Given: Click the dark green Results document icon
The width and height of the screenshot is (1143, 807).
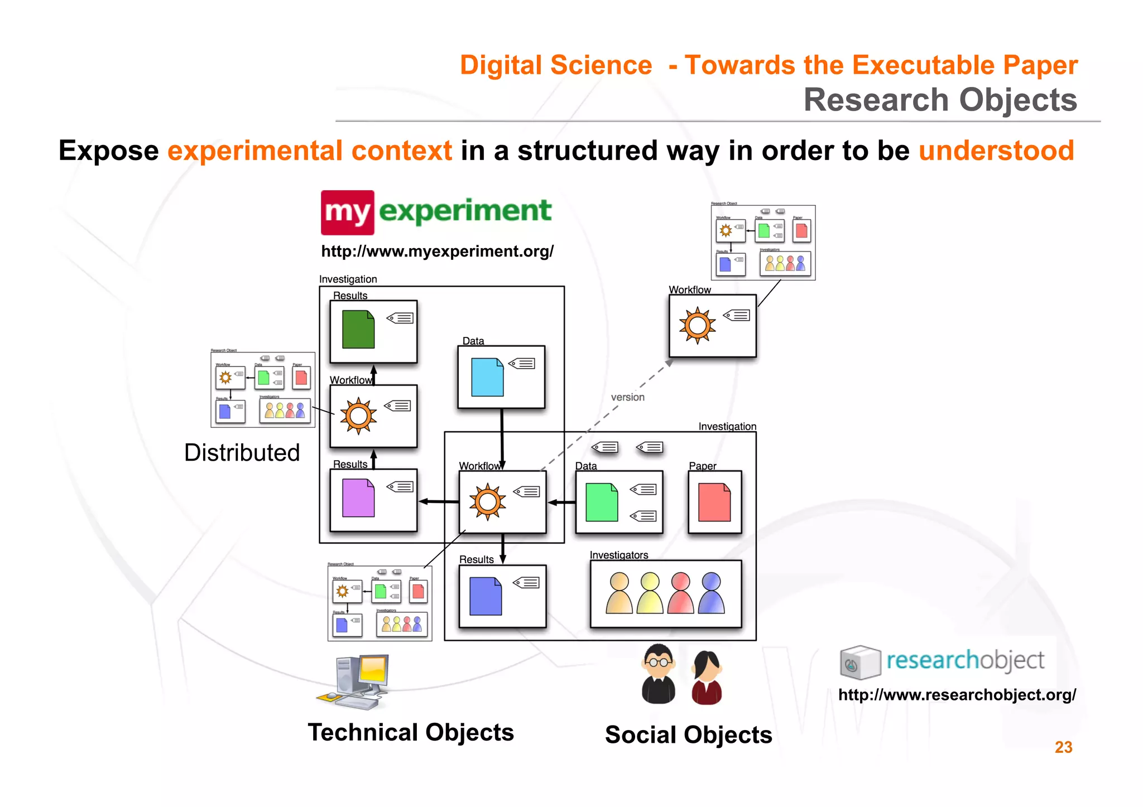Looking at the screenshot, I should (358, 330).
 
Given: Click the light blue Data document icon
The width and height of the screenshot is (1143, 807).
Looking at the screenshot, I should (487, 378).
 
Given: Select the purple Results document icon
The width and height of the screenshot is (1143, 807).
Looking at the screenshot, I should (358, 498).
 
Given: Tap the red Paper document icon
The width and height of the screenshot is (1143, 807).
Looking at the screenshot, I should (714, 502).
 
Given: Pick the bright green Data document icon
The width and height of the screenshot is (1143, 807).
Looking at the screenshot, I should (602, 502).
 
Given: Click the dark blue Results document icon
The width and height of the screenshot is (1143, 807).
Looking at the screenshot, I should (486, 596).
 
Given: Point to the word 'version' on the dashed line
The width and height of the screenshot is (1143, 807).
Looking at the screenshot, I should (627, 397).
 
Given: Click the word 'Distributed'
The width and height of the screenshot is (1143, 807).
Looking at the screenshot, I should (242, 452).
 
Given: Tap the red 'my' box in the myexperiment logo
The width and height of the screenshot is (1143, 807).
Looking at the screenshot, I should (347, 212).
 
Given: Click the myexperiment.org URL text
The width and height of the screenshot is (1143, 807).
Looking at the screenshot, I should (437, 252).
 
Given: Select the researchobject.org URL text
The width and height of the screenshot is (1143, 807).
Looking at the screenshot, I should (957, 695).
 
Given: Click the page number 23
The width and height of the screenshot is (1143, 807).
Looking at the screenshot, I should (1063, 747).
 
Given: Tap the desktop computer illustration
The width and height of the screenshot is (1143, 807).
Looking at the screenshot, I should (355, 682).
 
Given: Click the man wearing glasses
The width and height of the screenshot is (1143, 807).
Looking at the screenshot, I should (659, 674).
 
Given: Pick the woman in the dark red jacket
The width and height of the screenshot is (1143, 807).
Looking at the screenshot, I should (707, 678).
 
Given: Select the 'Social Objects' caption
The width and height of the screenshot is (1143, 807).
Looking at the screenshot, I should (688, 735).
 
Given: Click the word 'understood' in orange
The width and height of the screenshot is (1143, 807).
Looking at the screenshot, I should (996, 151).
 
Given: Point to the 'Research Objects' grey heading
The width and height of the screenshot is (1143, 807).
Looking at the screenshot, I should (940, 100).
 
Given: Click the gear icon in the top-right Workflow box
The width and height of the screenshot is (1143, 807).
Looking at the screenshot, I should (697, 325).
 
